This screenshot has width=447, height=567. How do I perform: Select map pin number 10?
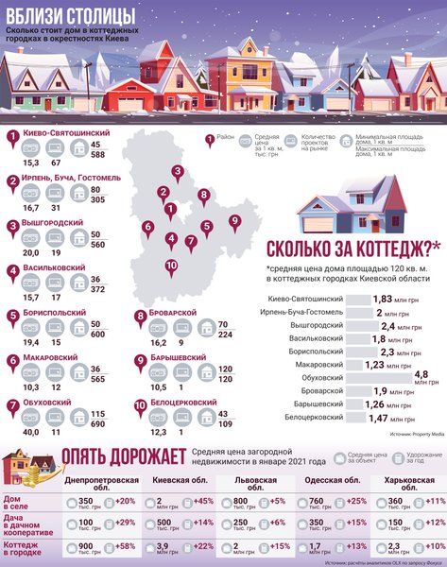click(171, 266)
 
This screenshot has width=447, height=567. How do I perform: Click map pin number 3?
click(177, 172)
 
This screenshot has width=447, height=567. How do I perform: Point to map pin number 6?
click(148, 228)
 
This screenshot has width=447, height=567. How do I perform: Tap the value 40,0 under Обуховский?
click(31, 430)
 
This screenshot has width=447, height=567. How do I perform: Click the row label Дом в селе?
click(20, 504)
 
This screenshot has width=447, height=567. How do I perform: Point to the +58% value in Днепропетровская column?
click(125, 547)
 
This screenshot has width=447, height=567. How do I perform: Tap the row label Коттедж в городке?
click(26, 548)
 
